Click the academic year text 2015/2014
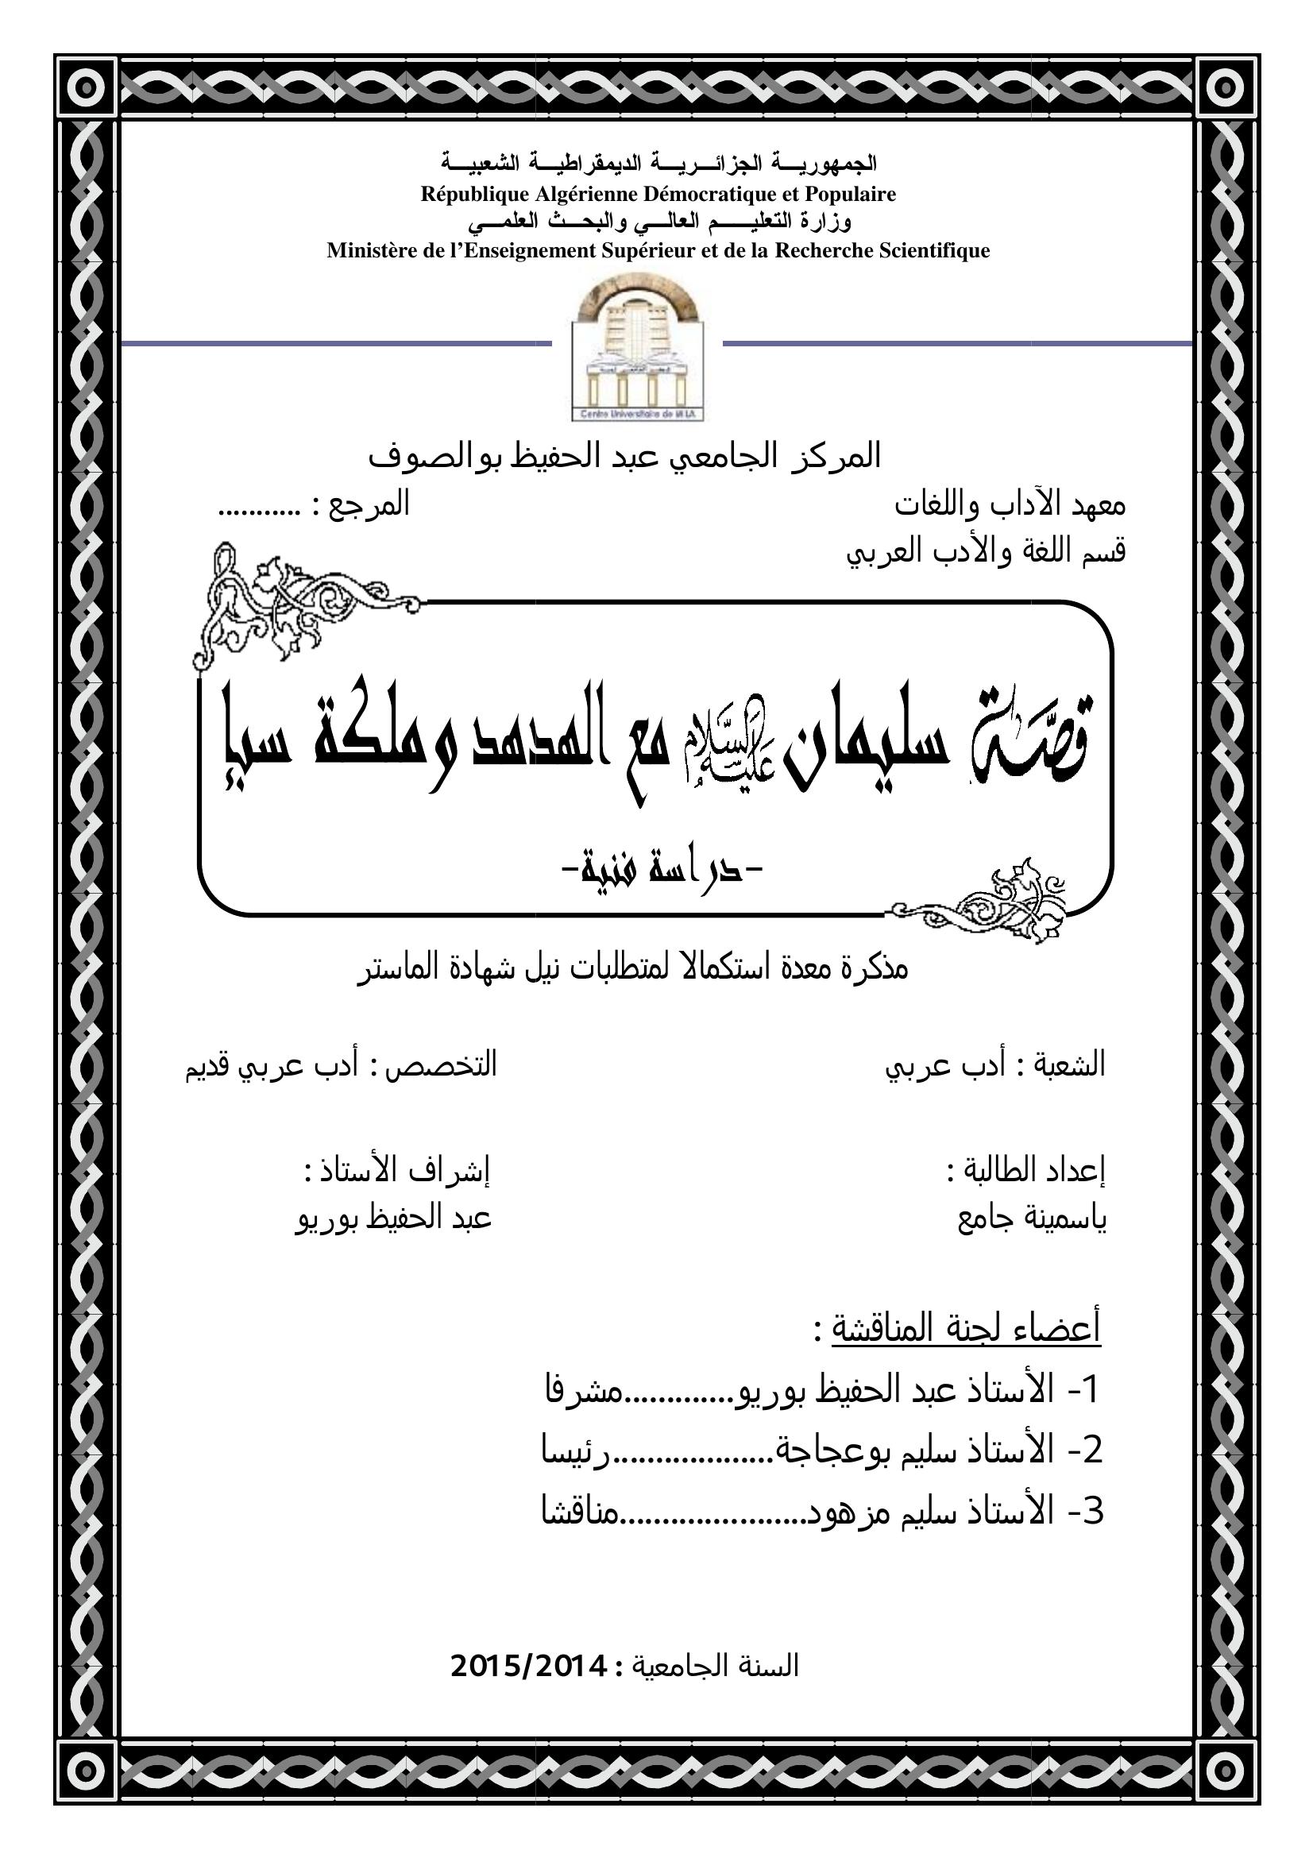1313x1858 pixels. (x=527, y=1666)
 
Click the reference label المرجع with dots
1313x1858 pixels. (x=315, y=505)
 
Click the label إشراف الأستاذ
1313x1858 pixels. (x=396, y=1170)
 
